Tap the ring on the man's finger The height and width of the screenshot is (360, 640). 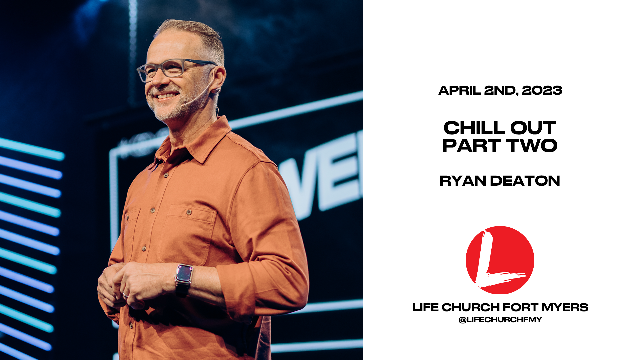126,295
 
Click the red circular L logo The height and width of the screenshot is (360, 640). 500,260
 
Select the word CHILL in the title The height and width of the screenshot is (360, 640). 474,128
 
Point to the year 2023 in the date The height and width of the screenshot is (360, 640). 542,90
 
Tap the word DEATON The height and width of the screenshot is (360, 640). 525,181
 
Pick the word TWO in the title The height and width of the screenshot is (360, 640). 532,146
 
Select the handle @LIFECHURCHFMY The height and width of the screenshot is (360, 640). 500,320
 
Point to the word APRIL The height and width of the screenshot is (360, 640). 459,90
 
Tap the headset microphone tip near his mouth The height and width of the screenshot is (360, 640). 183,105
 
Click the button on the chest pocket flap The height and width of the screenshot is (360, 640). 189,212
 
